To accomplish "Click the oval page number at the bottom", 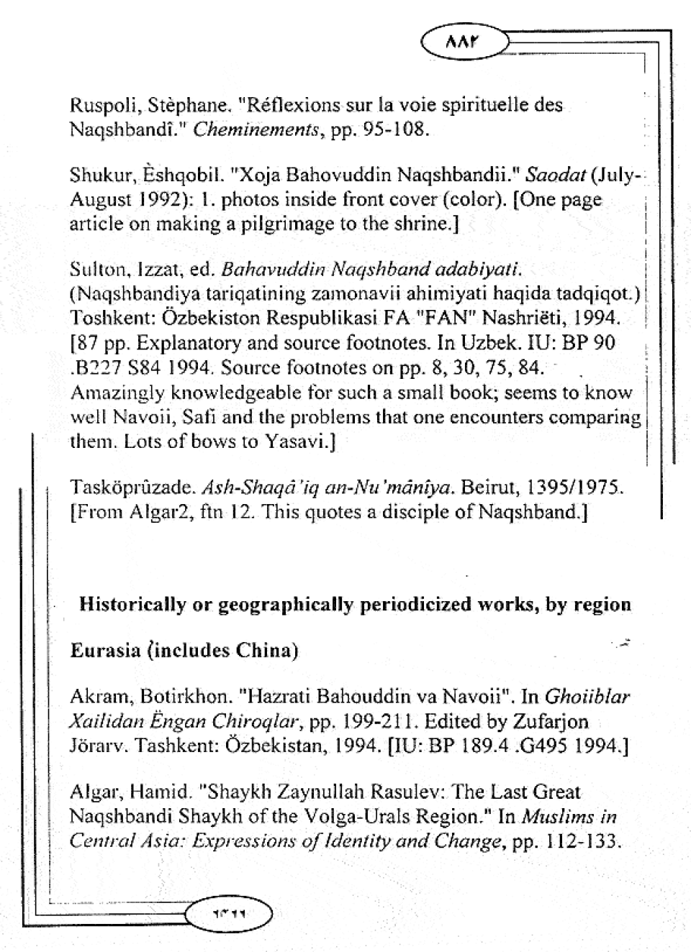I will (229, 914).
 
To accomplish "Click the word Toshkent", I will (106, 319).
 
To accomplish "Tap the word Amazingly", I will (118, 393).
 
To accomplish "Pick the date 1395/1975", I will (574, 489).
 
